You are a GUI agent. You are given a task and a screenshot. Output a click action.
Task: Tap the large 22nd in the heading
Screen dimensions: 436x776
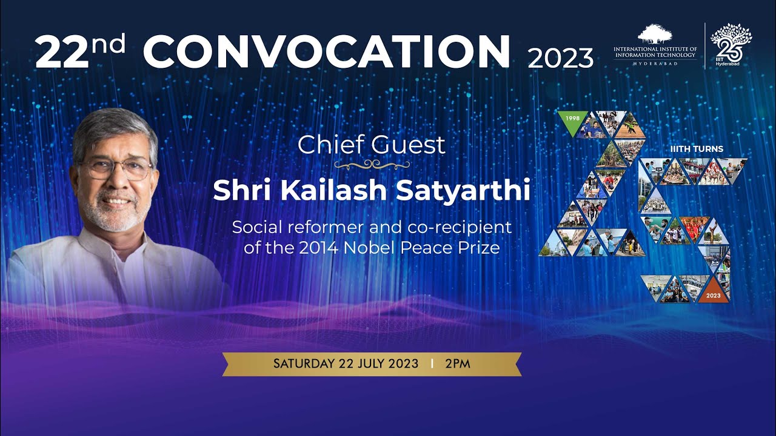[x=79, y=52]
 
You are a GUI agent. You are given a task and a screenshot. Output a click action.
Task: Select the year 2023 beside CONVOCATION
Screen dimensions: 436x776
[x=560, y=58]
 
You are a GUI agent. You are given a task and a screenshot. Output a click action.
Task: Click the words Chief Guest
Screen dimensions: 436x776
[x=371, y=145]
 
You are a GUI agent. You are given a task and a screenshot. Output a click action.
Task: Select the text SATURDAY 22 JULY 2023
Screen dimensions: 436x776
[x=346, y=364]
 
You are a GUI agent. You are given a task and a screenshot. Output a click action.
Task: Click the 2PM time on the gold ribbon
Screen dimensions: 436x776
[x=457, y=364]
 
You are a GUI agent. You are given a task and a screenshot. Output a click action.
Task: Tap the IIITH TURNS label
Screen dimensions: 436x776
[x=697, y=149]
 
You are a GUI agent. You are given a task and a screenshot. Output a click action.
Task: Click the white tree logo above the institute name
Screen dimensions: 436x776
[x=655, y=34]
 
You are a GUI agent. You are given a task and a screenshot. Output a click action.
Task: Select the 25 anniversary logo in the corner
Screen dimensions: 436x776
[x=730, y=42]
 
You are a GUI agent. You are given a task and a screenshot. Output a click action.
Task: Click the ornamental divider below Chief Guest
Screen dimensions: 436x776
[x=372, y=164]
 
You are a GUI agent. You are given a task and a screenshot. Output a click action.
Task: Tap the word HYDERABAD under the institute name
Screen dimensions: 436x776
[x=655, y=64]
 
